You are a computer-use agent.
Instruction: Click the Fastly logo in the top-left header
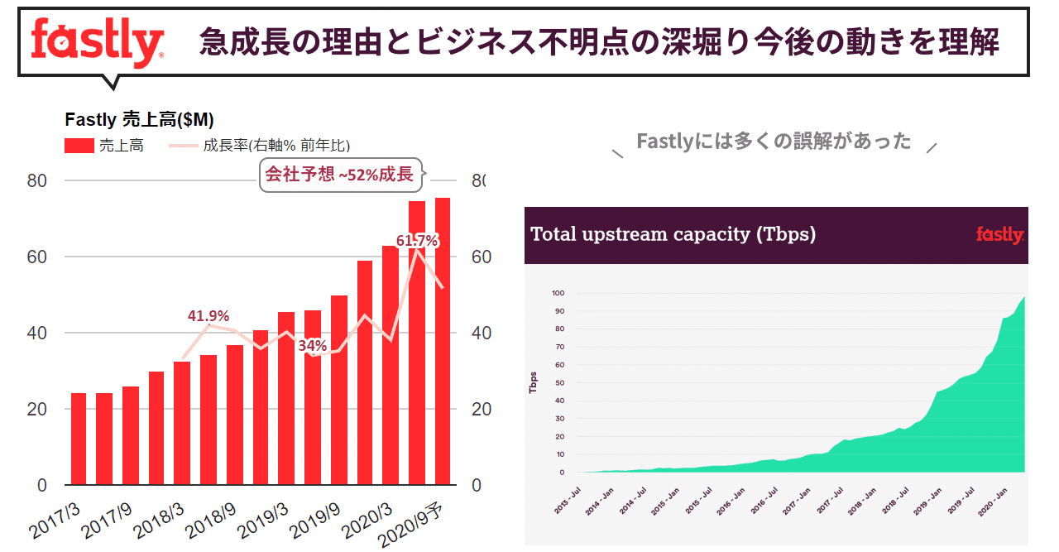click(x=97, y=41)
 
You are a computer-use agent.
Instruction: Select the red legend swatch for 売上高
click(x=79, y=146)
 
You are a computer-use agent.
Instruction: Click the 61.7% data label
click(x=416, y=241)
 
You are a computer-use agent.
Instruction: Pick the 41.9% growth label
click(x=208, y=315)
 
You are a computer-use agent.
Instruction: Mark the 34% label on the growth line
click(x=313, y=344)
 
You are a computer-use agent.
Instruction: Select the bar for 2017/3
click(x=79, y=439)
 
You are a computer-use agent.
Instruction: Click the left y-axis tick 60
click(x=36, y=257)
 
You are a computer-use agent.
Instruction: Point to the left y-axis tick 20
click(x=36, y=409)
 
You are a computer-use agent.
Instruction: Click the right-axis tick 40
click(x=482, y=333)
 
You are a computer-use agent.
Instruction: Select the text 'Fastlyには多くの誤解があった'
click(x=774, y=142)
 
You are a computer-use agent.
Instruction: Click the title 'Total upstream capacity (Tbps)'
click(x=673, y=234)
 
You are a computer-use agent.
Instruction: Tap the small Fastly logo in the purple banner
click(x=999, y=235)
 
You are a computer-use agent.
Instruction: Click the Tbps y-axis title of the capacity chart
click(x=534, y=382)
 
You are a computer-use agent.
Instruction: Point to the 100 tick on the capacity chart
click(x=557, y=294)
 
